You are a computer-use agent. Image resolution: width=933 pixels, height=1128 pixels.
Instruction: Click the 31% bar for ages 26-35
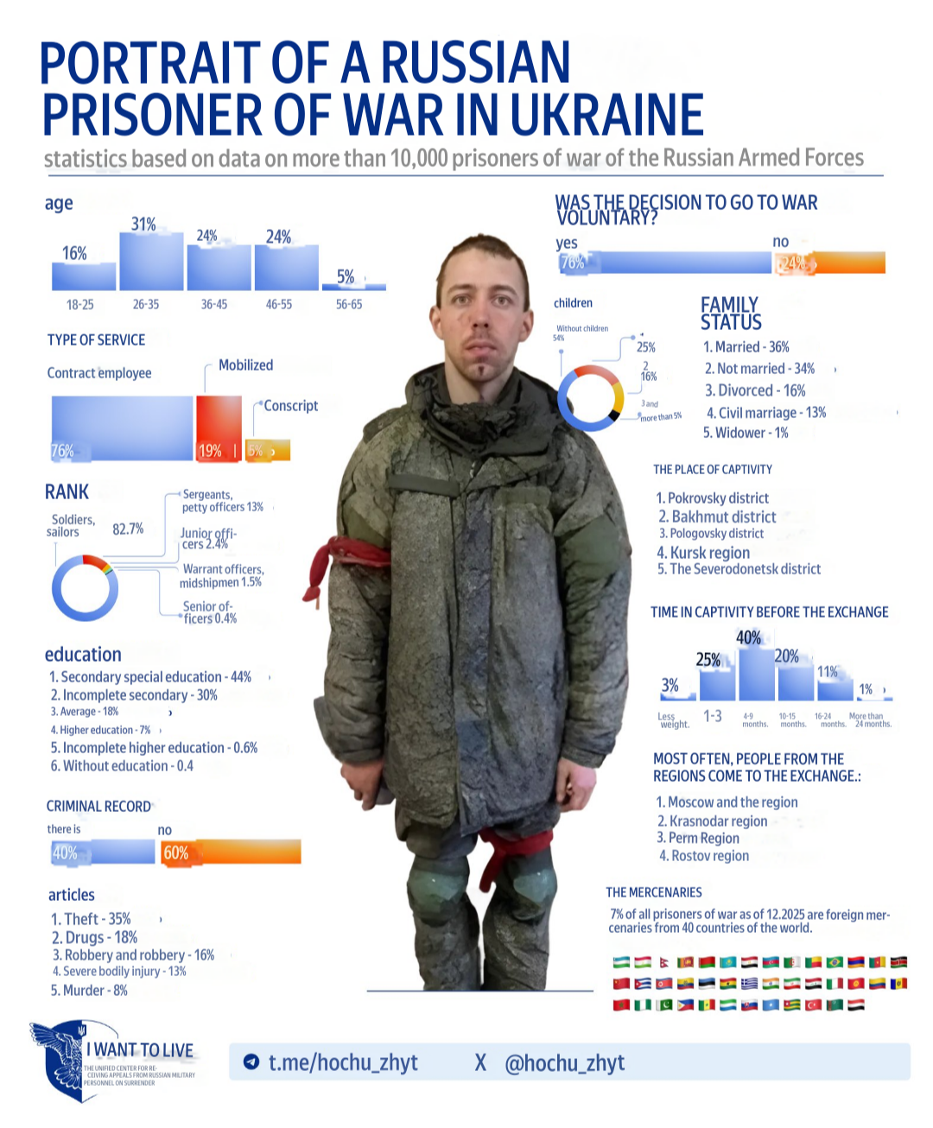[151, 261]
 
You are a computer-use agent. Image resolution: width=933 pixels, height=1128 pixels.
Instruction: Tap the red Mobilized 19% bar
[219, 428]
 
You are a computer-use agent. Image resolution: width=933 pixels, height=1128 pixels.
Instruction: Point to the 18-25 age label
[79, 305]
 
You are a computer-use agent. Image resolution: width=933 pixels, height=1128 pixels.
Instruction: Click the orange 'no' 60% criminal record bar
[231, 852]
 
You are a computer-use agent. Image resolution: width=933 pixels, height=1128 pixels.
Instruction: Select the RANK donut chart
[85, 588]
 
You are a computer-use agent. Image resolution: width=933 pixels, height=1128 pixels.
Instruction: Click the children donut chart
[591, 398]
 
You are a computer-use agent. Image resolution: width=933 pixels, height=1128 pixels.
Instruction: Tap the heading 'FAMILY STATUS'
[731, 314]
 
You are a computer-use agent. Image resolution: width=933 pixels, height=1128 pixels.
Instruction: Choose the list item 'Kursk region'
[703, 553]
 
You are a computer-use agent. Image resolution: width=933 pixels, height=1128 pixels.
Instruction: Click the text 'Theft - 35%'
[91, 919]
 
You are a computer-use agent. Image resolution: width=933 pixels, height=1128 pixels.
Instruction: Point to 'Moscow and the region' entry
[727, 802]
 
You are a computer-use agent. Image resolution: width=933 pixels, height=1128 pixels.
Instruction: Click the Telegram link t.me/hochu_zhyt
[342, 1062]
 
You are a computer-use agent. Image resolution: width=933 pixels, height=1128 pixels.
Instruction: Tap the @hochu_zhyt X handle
[563, 1062]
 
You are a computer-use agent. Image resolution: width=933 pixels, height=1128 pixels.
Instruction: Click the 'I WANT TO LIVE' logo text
[140, 1050]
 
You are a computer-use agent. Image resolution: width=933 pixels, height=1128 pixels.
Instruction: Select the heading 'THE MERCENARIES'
[654, 892]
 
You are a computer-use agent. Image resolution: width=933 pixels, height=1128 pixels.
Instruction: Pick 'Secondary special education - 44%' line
[150, 677]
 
